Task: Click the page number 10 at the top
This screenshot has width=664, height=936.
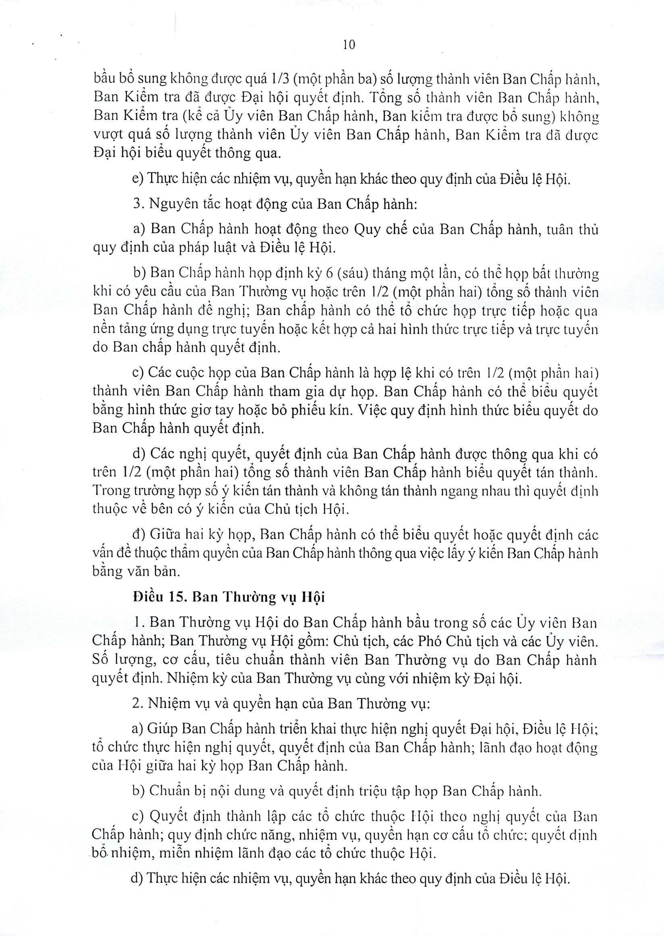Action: tap(349, 45)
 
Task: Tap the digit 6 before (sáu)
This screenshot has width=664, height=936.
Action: tap(329, 273)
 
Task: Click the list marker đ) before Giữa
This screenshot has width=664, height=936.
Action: tap(138, 534)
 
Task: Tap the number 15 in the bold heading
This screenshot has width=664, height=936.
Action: tap(176, 597)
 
